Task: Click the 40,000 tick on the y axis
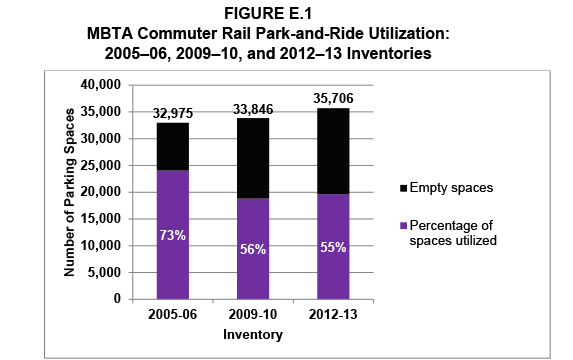tap(99, 85)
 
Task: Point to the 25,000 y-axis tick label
tap(99, 165)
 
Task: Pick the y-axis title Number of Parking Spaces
tap(69, 191)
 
